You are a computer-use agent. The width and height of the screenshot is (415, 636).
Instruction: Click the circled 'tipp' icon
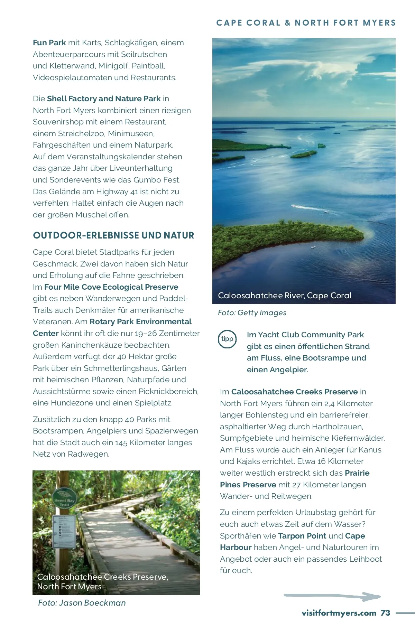[227, 339]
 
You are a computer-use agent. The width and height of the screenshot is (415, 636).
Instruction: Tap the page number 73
[385, 613]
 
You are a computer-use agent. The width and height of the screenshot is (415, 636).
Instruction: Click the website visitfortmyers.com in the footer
[339, 613]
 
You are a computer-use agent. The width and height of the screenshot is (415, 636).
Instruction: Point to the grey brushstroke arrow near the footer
[332, 596]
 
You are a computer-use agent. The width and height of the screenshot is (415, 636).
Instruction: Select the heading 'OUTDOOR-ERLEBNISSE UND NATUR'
[113, 235]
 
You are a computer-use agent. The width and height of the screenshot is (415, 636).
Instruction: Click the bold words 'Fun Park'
[49, 43]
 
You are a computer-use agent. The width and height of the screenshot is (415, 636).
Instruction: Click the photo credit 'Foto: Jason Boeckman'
[82, 603]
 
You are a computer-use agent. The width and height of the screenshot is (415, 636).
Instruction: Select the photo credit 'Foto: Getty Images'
[252, 313]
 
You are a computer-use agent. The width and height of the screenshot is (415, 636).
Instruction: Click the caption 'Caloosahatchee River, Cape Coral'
[284, 296]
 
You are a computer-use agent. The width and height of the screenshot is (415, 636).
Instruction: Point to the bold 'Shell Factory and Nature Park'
[104, 99]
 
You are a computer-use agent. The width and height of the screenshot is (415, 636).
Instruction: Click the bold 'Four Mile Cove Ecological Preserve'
[111, 287]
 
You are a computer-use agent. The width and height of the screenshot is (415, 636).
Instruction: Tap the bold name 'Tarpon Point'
[302, 536]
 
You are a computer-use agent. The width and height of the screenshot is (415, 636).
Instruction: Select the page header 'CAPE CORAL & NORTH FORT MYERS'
[306, 23]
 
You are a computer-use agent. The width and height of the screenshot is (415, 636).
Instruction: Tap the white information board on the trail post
[64, 532]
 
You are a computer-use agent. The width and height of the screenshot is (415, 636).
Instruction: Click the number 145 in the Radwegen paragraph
[121, 442]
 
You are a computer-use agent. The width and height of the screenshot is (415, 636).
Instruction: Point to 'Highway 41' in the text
[117, 191]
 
